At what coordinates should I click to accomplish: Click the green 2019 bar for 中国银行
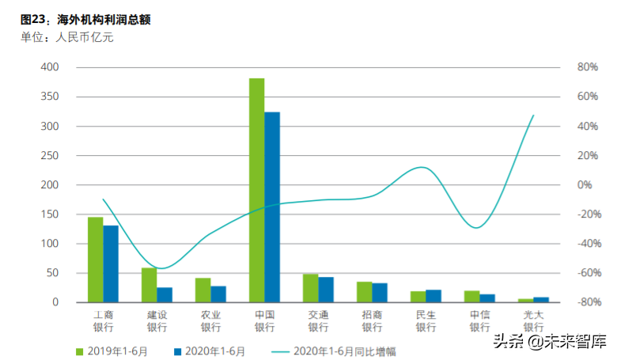[256, 190]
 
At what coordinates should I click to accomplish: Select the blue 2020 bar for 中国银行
[272, 207]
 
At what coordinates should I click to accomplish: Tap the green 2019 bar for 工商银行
[95, 260]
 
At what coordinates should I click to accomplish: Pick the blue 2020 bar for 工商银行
[111, 263]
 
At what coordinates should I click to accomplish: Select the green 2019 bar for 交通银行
[310, 288]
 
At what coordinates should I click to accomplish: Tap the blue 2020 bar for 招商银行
[380, 293]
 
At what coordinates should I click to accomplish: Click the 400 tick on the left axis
[49, 68]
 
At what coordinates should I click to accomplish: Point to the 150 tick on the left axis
[49, 214]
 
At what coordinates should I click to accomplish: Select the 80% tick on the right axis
[585, 68]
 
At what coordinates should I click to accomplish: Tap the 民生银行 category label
[426, 320]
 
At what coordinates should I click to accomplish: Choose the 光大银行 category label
[533, 320]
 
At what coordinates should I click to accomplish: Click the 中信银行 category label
[479, 320]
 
